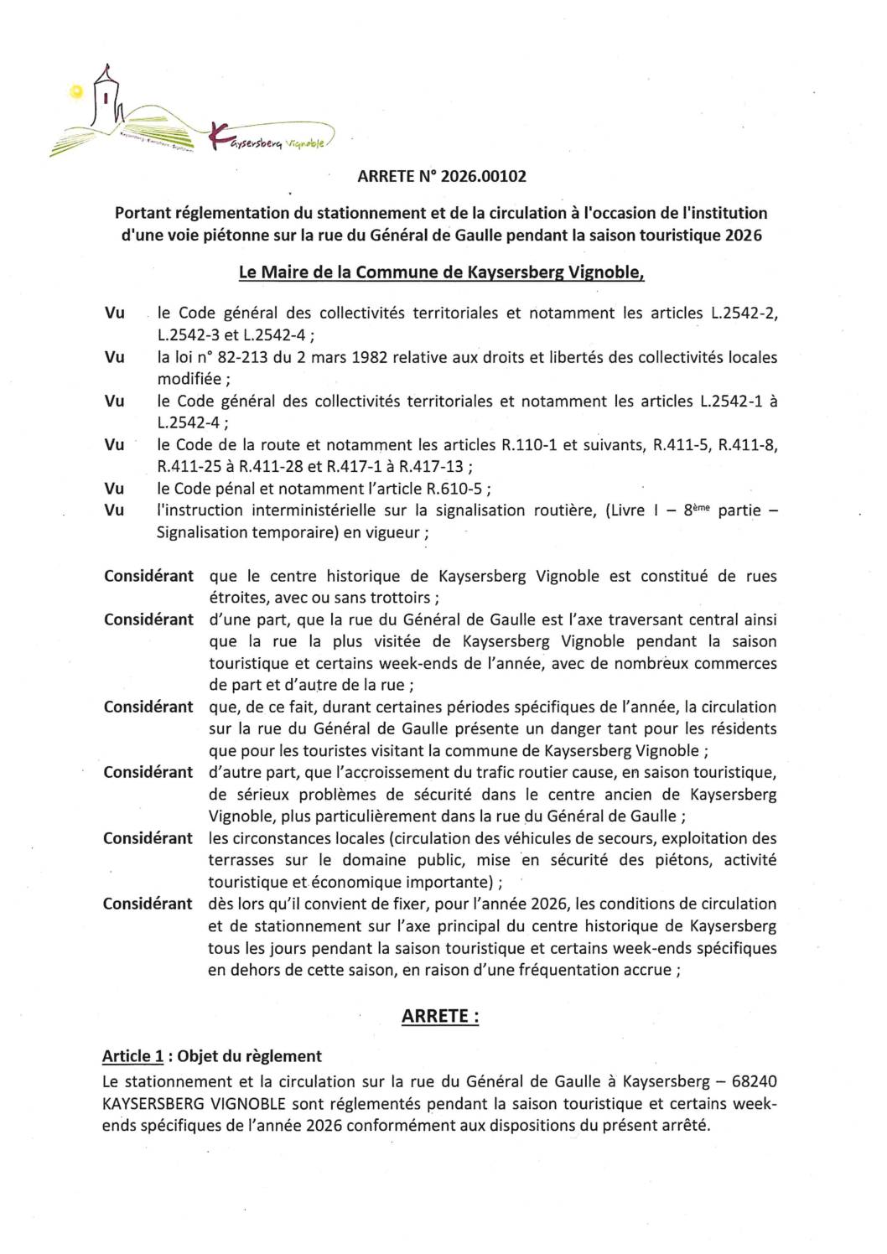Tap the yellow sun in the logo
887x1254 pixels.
77,94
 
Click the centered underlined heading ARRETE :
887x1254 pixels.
441,1016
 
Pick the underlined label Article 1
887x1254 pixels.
131,1056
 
